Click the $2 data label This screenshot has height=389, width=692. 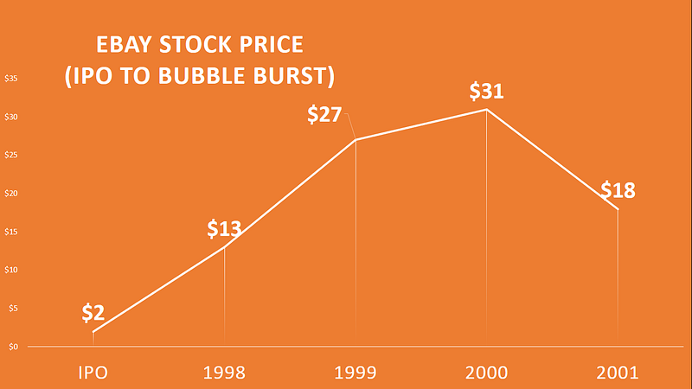tap(93, 312)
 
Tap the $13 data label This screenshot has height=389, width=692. tap(224, 230)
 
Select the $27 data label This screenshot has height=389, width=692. tap(325, 115)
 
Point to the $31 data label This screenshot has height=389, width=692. tap(486, 91)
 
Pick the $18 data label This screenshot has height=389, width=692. tap(618, 190)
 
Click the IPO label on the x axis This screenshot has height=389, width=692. tap(93, 373)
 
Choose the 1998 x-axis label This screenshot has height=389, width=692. tap(224, 373)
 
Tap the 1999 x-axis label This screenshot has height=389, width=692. tap(356, 373)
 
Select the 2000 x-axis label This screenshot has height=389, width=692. tap(486, 373)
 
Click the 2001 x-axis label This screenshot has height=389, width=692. tap(618, 373)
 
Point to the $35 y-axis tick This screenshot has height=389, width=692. tap(13, 79)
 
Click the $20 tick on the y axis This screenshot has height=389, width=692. tap(13, 194)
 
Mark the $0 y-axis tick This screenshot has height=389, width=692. tap(11, 347)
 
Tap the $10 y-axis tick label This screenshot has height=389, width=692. tap(13, 270)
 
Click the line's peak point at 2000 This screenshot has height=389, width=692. tap(486, 109)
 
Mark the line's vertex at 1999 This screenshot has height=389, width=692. tap(356, 140)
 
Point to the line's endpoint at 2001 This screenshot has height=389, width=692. tap(618, 209)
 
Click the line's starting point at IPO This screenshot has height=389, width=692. tap(93, 332)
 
